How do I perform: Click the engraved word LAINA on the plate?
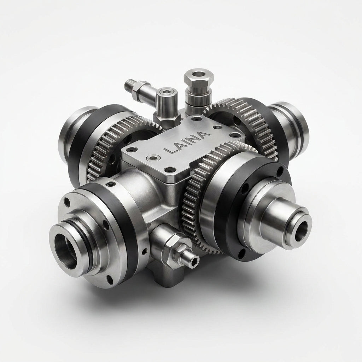coord(187,143)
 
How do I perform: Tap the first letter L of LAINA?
coord(168,150)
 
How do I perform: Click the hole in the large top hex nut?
coord(198,75)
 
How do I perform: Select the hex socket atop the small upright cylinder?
coord(166,92)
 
